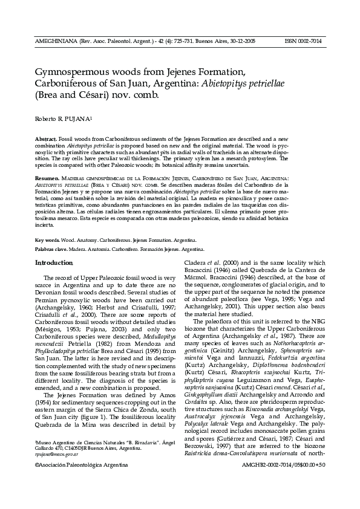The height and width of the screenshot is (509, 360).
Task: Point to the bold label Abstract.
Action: (45, 140)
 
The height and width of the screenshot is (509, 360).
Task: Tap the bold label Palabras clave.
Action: (52, 249)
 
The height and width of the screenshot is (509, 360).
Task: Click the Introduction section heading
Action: (54, 262)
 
